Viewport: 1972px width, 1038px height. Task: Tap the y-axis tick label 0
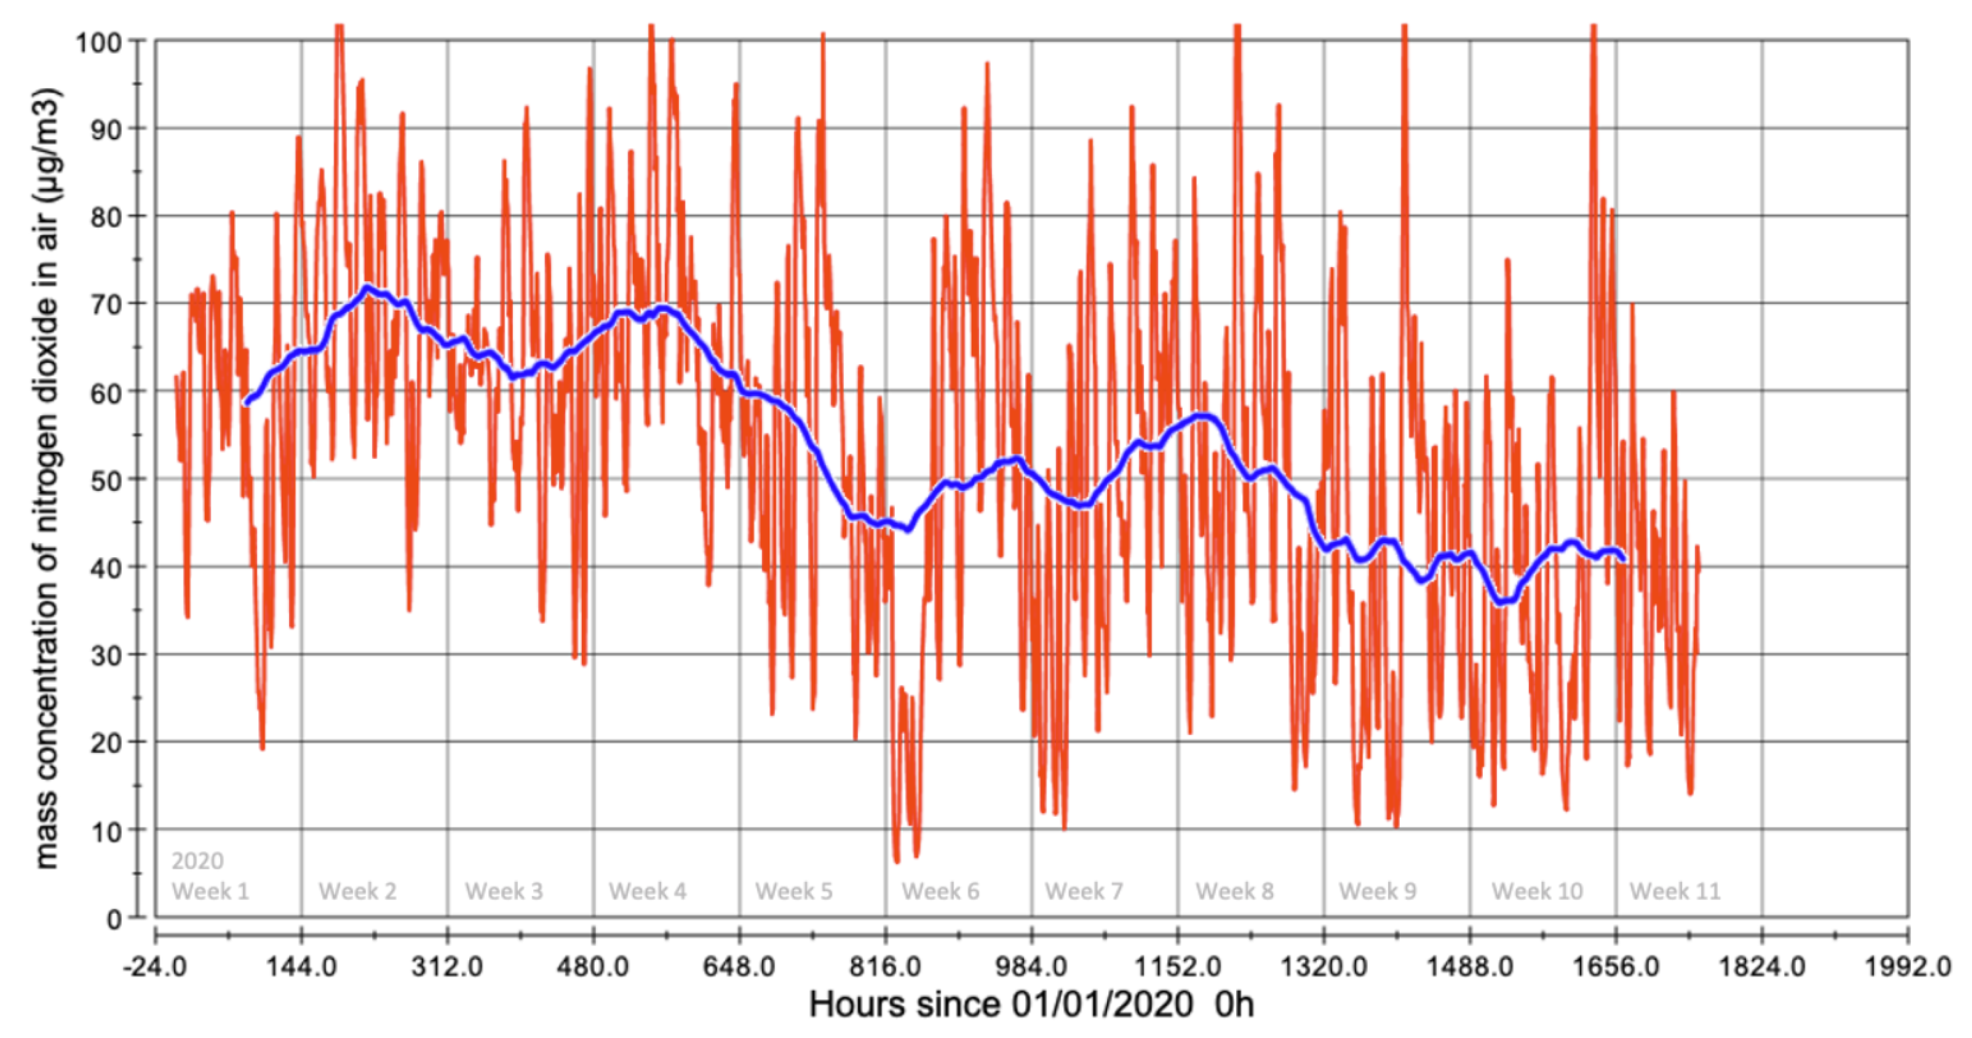tap(113, 918)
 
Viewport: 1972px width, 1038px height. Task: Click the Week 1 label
tap(211, 891)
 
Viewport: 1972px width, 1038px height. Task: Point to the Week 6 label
tap(940, 891)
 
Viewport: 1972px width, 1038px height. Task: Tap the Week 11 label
tap(1674, 891)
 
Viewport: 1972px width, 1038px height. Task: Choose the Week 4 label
tap(648, 891)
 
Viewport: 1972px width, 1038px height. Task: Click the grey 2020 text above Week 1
tap(198, 861)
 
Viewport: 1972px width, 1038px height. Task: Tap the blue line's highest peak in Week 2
tap(368, 288)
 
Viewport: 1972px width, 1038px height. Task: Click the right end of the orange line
tap(1699, 568)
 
